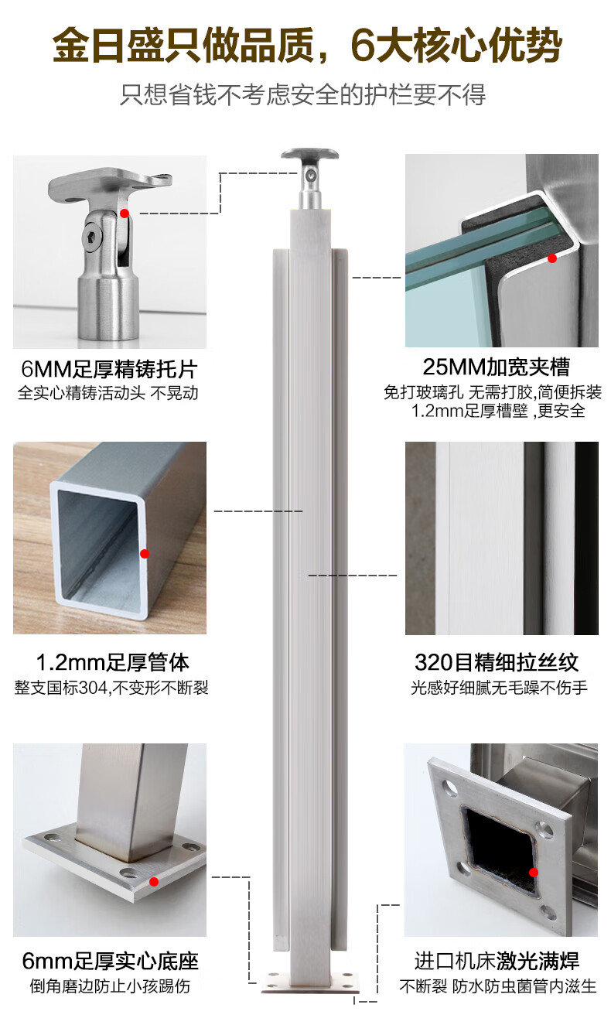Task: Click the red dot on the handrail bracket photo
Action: (x=125, y=214)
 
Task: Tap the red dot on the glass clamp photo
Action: (x=552, y=258)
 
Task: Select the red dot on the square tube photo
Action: (x=145, y=554)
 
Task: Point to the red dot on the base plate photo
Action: (x=154, y=882)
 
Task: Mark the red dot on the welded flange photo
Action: (x=533, y=873)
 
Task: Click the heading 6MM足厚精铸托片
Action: (x=109, y=369)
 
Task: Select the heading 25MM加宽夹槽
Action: (x=497, y=367)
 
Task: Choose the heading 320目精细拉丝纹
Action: (x=497, y=662)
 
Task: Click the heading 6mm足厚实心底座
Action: (x=111, y=962)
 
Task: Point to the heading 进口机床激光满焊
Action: (x=497, y=961)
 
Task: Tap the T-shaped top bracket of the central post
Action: (x=310, y=179)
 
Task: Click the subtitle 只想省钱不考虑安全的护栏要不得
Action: (x=302, y=94)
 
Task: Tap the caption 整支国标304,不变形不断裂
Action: (x=111, y=688)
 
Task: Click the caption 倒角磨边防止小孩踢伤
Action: (x=111, y=986)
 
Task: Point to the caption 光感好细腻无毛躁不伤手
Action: (x=499, y=687)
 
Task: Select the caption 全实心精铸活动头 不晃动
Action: (x=108, y=393)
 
